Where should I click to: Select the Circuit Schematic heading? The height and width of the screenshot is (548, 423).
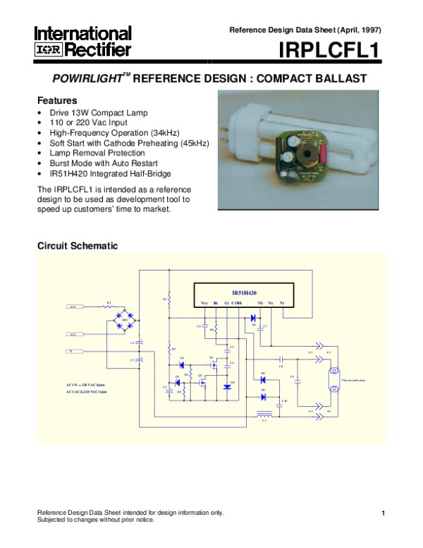click(78, 246)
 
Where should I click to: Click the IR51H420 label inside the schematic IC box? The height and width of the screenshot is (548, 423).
click(245, 292)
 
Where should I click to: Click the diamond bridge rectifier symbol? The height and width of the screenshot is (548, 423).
click(125, 321)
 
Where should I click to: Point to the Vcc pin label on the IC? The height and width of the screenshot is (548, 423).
click(204, 303)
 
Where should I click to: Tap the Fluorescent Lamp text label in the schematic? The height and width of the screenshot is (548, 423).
click(353, 380)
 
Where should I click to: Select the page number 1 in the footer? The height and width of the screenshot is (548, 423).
click(381, 513)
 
